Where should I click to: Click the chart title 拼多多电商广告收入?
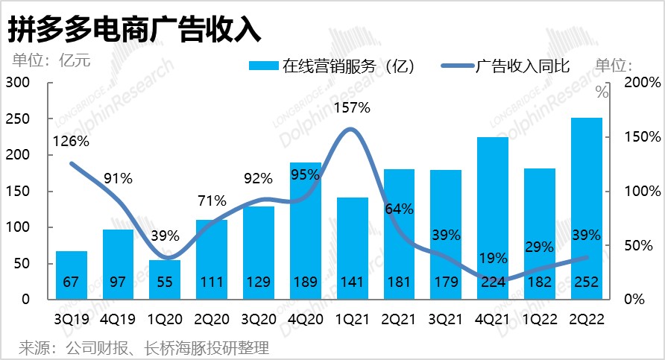[133, 29]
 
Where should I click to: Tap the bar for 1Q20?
[165, 280]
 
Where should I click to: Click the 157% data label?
[352, 107]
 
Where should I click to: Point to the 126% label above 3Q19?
[72, 141]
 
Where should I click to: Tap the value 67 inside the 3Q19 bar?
[72, 282]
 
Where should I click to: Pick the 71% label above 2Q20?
[212, 200]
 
